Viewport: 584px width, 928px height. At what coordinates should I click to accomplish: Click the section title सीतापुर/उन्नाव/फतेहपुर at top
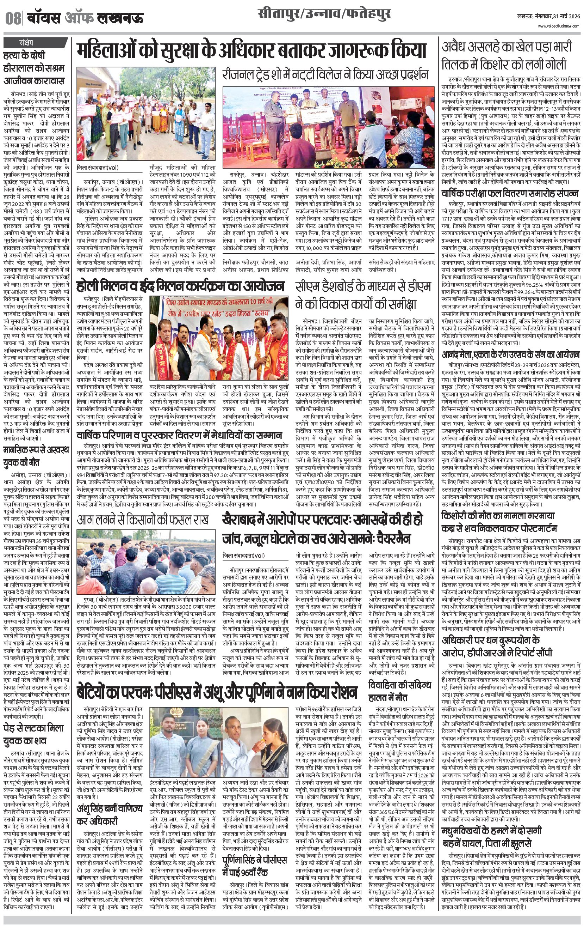click(x=324, y=15)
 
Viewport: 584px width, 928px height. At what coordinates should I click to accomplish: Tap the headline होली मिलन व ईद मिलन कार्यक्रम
click(x=180, y=286)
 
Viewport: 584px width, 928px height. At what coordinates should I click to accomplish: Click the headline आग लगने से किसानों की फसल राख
click(x=143, y=520)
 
